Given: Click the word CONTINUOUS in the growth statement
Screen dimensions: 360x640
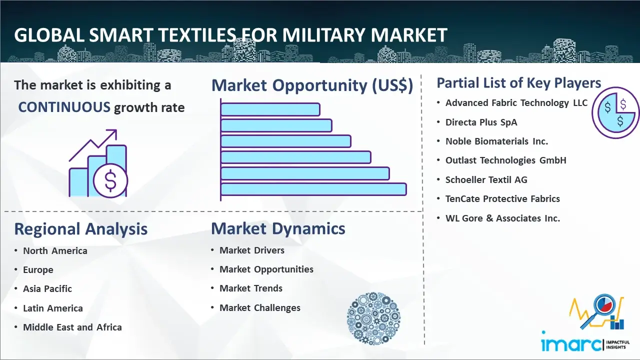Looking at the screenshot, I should point(64,107).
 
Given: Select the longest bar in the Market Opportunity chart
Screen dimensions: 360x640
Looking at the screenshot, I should point(313,189).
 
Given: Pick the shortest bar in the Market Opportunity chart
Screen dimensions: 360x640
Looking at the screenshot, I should point(270,109).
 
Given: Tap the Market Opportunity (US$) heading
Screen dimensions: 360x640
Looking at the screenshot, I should point(312,85).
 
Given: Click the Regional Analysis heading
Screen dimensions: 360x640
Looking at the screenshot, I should point(80,229).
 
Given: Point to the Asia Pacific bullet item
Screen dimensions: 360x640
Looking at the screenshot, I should point(47,289).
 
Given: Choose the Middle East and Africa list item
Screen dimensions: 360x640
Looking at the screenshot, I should point(72,327).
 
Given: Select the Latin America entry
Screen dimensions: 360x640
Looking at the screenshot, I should point(53,308).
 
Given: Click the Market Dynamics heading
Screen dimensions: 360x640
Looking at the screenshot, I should point(278,228).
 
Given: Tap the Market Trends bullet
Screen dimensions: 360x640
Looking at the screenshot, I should point(251,288).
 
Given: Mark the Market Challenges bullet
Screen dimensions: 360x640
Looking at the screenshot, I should point(260,308).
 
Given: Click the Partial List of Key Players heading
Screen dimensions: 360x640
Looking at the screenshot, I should point(518,82).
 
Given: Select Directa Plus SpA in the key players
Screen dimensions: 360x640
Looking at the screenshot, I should point(481,122).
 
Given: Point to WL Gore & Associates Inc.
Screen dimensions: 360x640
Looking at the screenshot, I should point(502,218).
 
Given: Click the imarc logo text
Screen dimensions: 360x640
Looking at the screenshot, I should point(571,344).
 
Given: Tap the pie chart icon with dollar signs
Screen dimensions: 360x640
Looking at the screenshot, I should point(615,112).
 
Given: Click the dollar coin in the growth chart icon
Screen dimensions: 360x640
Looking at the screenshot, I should point(110,180).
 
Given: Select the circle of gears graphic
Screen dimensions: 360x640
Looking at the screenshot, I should point(373,319).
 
